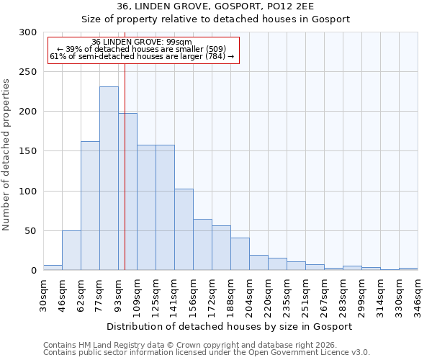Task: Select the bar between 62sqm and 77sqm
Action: [90, 206]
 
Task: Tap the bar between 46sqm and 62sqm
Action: [71, 251]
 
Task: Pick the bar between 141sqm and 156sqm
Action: [184, 230]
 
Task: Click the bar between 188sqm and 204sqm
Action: [240, 254]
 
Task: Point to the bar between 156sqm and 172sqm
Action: [202, 245]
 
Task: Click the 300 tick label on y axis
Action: [27, 32]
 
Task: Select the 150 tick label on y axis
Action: [27, 151]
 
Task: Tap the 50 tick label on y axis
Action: [30, 231]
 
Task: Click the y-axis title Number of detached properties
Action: [6, 155]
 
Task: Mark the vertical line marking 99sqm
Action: [125, 180]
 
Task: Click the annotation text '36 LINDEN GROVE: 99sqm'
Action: [142, 42]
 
